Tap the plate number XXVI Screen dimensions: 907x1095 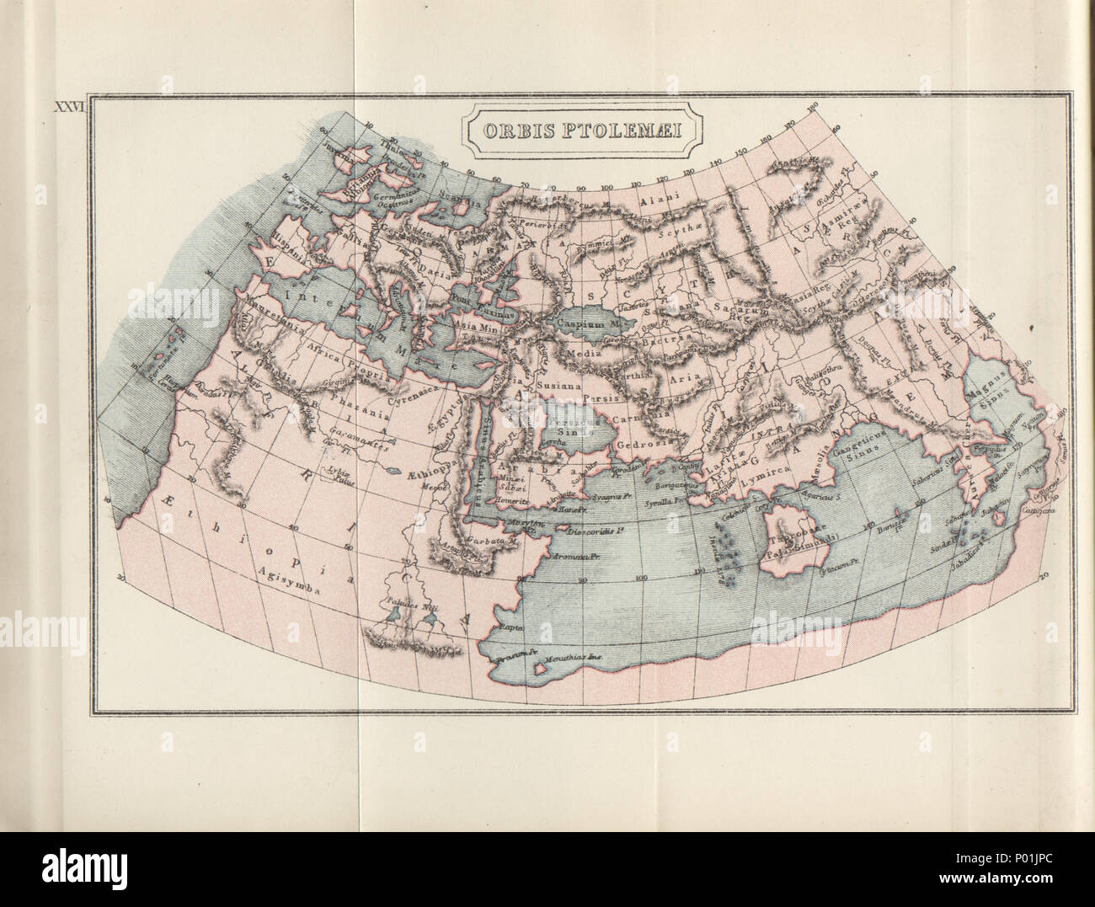click(x=71, y=108)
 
